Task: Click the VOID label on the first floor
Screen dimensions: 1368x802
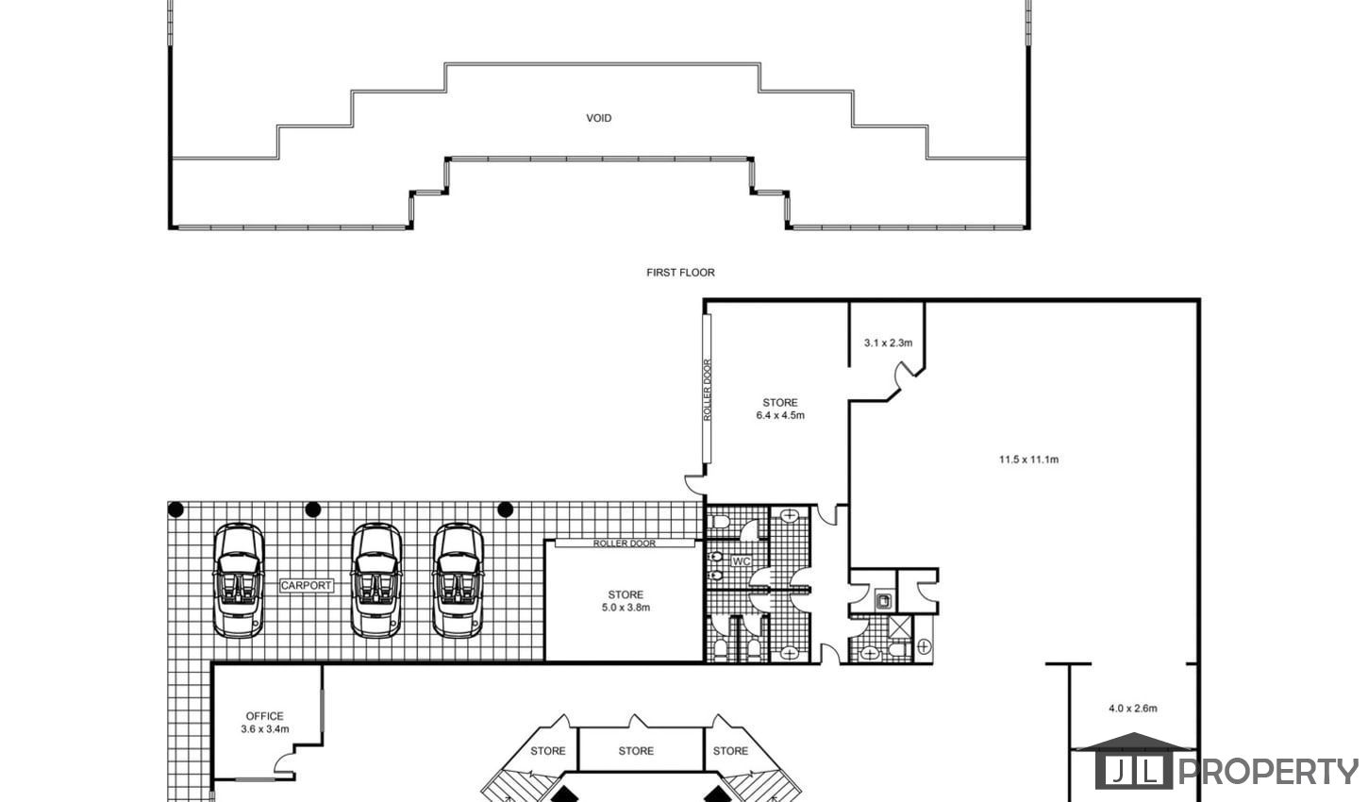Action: point(598,118)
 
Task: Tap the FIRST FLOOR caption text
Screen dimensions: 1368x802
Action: point(680,273)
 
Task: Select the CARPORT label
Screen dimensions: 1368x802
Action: point(307,585)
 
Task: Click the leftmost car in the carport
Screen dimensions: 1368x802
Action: point(238,580)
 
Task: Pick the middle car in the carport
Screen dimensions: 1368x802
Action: point(376,580)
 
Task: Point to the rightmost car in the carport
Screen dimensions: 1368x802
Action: point(458,580)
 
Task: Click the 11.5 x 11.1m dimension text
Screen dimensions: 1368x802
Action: point(1028,459)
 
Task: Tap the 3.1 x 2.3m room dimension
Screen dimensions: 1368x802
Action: point(888,343)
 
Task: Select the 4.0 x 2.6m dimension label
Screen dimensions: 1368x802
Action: point(1133,709)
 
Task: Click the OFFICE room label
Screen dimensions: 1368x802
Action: point(264,716)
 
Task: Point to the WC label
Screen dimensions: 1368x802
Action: point(741,561)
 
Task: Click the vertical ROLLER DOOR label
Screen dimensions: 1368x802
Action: point(708,390)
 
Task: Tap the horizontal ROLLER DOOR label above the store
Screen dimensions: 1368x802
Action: point(625,543)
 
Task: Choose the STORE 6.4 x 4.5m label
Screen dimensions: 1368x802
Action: point(780,409)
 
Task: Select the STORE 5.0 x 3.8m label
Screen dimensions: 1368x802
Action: point(626,601)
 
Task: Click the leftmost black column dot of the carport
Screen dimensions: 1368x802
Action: point(175,510)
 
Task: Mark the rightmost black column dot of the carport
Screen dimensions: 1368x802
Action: point(505,510)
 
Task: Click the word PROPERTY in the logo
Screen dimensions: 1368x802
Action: point(1268,771)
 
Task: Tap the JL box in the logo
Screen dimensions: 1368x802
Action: point(1134,771)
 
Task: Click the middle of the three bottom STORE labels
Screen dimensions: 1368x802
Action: point(636,751)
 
